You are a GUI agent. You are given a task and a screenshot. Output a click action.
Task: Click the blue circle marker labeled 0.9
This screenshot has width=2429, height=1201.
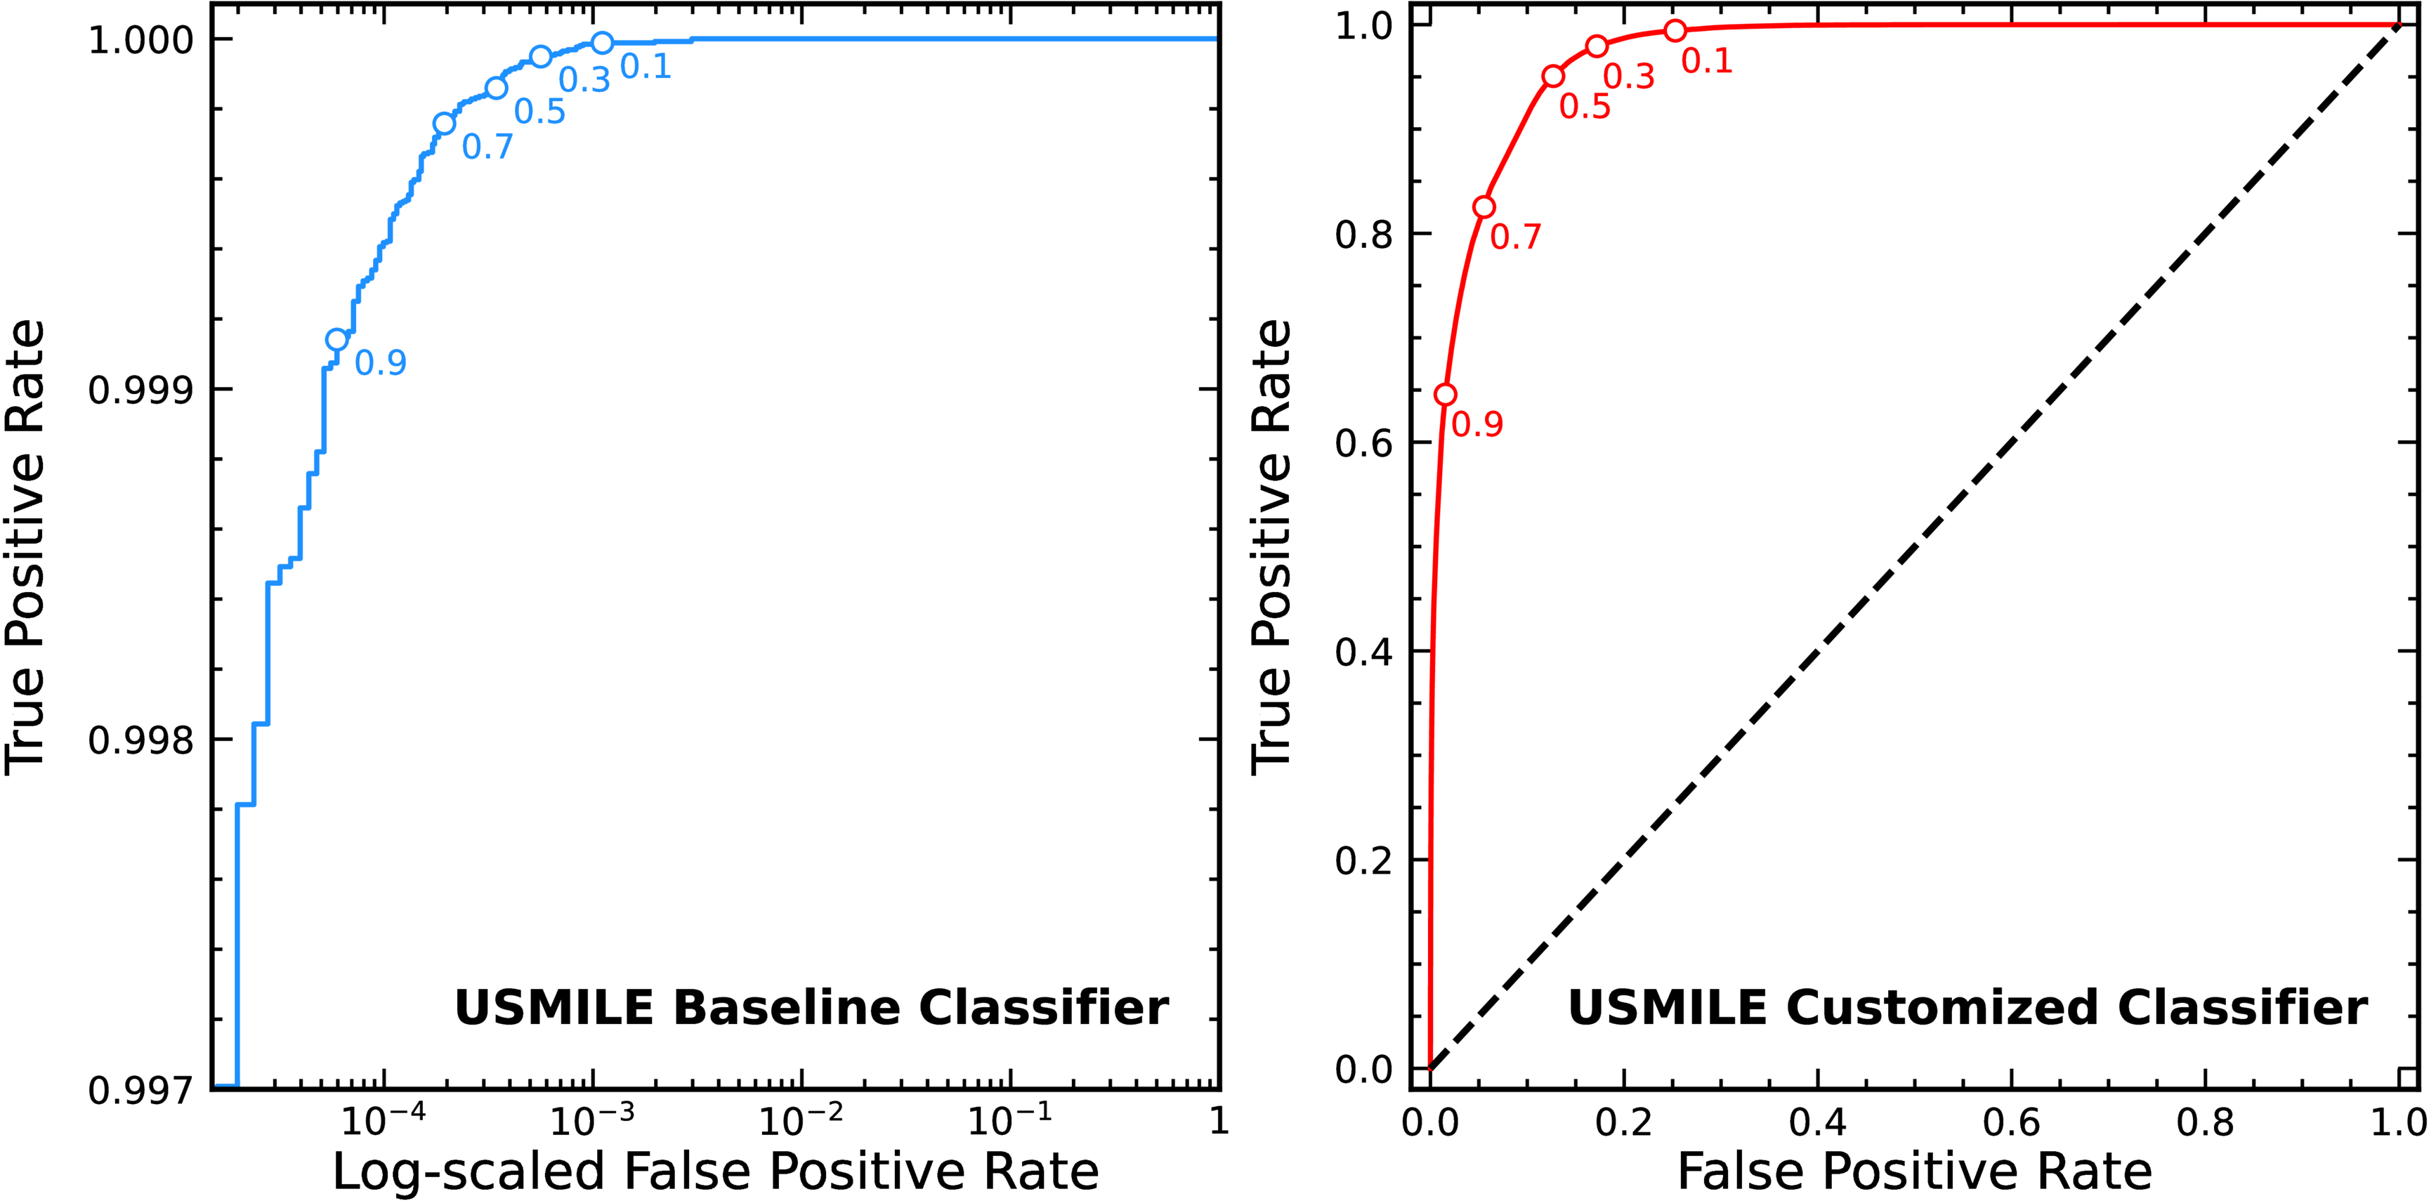(x=336, y=339)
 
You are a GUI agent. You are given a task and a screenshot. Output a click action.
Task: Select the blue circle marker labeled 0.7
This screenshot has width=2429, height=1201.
(x=444, y=124)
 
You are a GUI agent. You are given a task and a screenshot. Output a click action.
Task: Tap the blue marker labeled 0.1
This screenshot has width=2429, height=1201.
(x=603, y=42)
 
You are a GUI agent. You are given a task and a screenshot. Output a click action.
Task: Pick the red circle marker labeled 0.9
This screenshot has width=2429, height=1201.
(x=1446, y=394)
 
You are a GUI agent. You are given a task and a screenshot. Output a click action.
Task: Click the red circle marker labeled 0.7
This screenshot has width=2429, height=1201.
(x=1484, y=207)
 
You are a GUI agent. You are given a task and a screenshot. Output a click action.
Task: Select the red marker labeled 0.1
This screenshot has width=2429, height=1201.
(x=1675, y=31)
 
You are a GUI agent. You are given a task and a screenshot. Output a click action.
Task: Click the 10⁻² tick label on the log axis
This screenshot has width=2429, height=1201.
(x=799, y=1122)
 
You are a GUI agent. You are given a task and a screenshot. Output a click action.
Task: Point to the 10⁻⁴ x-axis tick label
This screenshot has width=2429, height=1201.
(x=382, y=1122)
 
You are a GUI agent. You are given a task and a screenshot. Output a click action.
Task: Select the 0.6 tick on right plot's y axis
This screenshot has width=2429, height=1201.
(x=1363, y=443)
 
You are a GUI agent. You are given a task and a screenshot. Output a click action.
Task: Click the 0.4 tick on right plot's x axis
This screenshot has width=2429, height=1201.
(x=1817, y=1123)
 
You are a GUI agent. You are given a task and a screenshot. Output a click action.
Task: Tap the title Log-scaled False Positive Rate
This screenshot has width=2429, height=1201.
(x=716, y=1172)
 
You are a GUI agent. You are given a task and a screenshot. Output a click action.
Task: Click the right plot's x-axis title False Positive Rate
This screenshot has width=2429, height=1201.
(x=1914, y=1172)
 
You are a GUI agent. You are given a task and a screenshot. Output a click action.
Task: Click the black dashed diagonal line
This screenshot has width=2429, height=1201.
(x=1914, y=546)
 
